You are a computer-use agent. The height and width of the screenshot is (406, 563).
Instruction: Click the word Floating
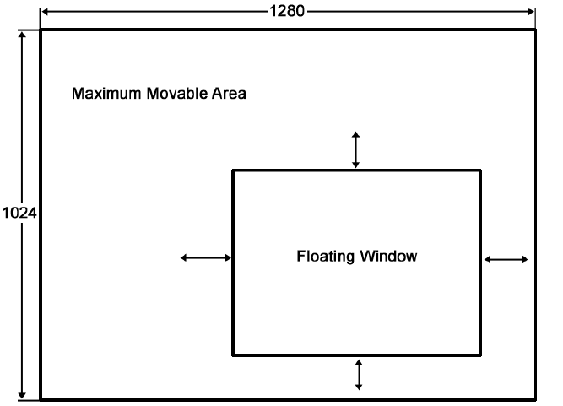tap(325, 256)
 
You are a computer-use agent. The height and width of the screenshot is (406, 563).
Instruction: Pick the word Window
tap(388, 256)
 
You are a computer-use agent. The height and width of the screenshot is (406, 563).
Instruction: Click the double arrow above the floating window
tap(355, 149)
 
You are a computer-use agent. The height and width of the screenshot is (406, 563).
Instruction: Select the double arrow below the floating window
tap(359, 374)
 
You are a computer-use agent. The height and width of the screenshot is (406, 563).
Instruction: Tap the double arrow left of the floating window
tap(206, 257)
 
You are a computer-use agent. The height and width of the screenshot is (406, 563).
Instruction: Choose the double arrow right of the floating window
tap(506, 259)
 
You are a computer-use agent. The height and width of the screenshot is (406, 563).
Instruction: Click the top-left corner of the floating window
tap(234, 171)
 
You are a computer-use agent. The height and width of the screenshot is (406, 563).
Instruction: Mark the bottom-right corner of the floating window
tap(480, 355)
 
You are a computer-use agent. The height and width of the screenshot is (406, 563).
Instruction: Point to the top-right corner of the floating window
tap(480, 171)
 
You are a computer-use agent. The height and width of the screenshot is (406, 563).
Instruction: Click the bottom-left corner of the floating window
tap(234, 355)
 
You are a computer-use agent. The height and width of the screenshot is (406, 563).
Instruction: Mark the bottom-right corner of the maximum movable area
tap(534, 398)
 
